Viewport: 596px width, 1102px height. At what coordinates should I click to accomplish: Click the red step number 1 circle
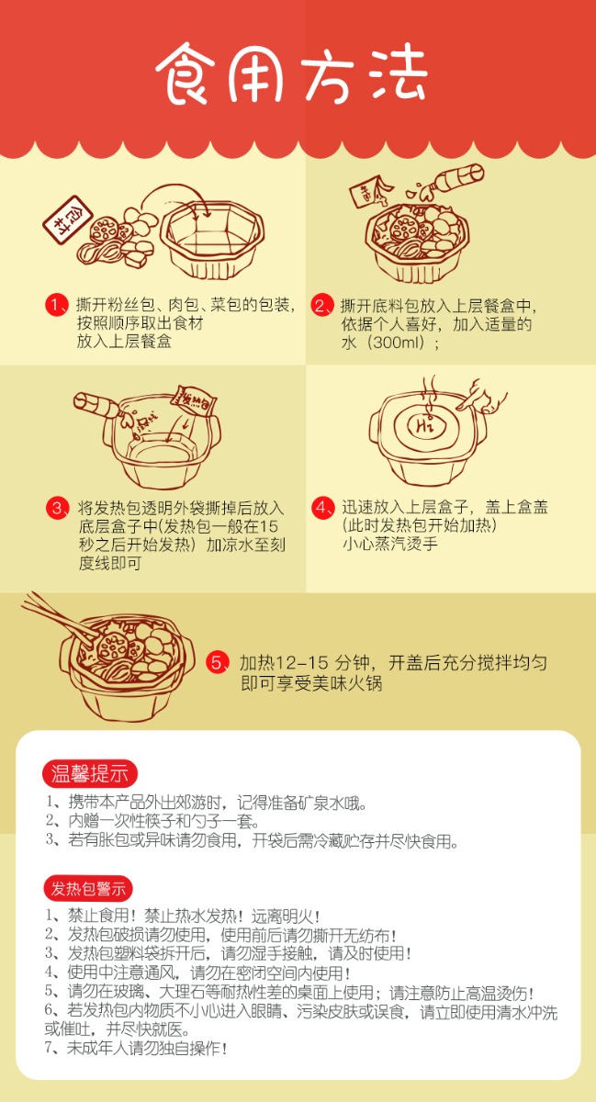tap(55, 305)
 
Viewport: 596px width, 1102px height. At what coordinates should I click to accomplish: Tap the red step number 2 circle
tap(320, 306)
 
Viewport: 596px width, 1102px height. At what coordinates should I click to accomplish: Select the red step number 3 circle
tap(57, 507)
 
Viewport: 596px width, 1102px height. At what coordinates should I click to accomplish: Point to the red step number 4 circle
tap(321, 507)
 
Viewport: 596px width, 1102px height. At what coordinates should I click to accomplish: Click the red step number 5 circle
tap(217, 662)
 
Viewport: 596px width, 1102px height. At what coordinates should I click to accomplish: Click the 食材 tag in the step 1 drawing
tap(67, 219)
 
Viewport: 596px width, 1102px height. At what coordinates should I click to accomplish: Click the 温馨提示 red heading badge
tap(89, 774)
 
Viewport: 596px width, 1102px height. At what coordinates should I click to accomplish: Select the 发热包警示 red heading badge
tap(88, 889)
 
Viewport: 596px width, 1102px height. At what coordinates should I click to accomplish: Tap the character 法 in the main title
tap(395, 73)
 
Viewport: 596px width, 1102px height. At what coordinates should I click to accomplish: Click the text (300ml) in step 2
tap(396, 342)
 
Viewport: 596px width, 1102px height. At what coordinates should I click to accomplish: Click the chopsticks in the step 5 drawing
tap(58, 617)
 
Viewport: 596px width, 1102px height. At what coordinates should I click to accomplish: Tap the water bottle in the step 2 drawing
tap(450, 180)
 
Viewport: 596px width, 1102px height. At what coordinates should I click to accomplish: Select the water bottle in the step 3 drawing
tap(96, 405)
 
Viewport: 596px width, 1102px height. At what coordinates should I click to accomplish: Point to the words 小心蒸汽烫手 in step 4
tap(389, 544)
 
